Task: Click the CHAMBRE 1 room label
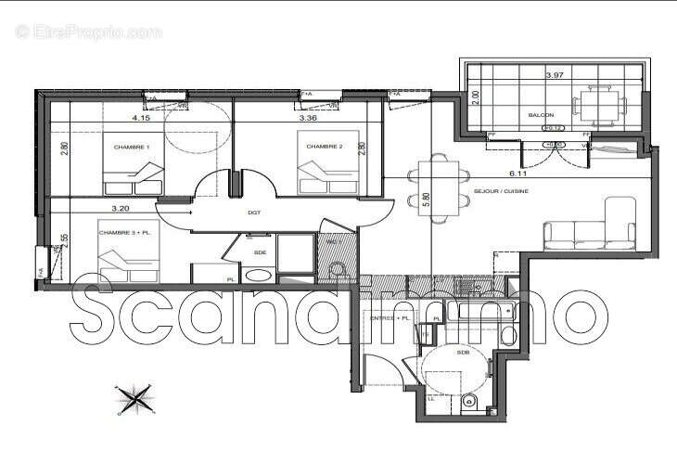[x=132, y=148]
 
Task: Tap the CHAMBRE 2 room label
[x=325, y=147]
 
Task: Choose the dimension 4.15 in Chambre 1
[x=141, y=119]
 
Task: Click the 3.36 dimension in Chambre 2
[x=309, y=119]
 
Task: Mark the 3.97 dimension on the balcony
[x=555, y=74]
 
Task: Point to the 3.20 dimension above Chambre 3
[x=119, y=210]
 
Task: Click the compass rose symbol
[x=134, y=399]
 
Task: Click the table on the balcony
[x=596, y=104]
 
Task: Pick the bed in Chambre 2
[x=320, y=174]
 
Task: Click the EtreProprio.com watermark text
[x=89, y=32]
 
